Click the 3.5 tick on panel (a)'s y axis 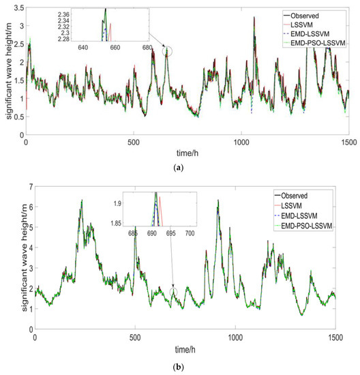[16, 7]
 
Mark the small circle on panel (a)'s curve [168, 52]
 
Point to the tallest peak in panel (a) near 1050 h [254, 18]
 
